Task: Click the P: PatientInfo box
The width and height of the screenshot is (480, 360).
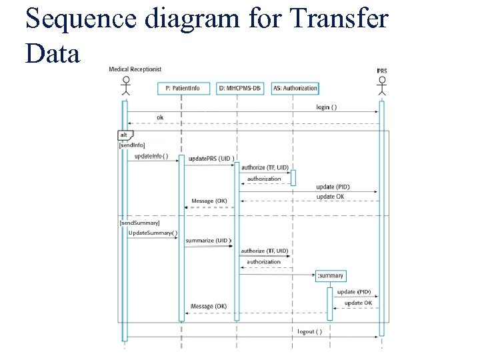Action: coord(181,88)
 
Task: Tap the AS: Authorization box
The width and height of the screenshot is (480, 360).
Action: coord(295,88)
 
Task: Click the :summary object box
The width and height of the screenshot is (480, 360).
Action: coord(331,275)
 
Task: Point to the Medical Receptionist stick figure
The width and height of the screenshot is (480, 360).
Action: coord(125,87)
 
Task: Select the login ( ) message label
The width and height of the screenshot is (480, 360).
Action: coord(326,107)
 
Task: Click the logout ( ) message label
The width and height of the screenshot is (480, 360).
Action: coord(310,331)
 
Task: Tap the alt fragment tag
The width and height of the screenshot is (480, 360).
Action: coord(124,135)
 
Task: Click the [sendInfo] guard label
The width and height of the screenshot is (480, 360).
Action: coord(131,145)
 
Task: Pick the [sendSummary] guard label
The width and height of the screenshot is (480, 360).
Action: coord(139,221)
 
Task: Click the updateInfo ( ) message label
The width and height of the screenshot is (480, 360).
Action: coord(151,156)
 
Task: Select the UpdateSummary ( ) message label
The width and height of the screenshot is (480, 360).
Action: coord(153,233)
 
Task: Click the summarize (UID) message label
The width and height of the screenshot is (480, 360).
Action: coord(208,240)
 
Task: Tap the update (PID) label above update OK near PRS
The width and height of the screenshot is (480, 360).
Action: coord(333,187)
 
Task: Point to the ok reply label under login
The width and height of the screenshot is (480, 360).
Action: coord(160,117)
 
